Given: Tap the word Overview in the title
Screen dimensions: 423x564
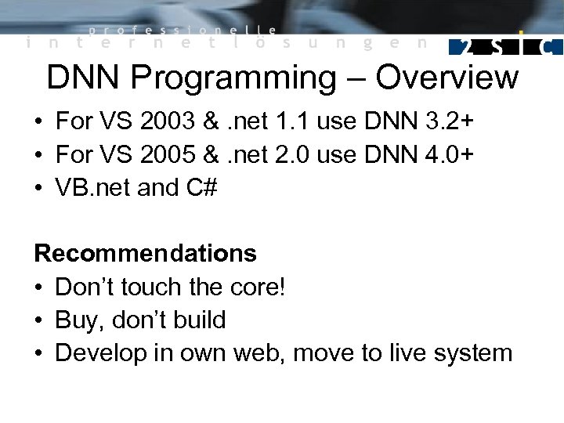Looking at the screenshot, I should (446, 78).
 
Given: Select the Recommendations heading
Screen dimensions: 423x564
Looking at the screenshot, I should (145, 254).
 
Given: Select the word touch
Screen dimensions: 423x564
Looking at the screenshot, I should (154, 287).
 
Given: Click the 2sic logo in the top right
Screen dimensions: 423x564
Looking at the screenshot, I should (504, 45).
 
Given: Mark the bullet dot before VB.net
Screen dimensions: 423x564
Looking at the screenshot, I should (38, 189).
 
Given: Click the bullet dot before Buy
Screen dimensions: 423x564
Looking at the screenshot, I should (38, 320).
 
